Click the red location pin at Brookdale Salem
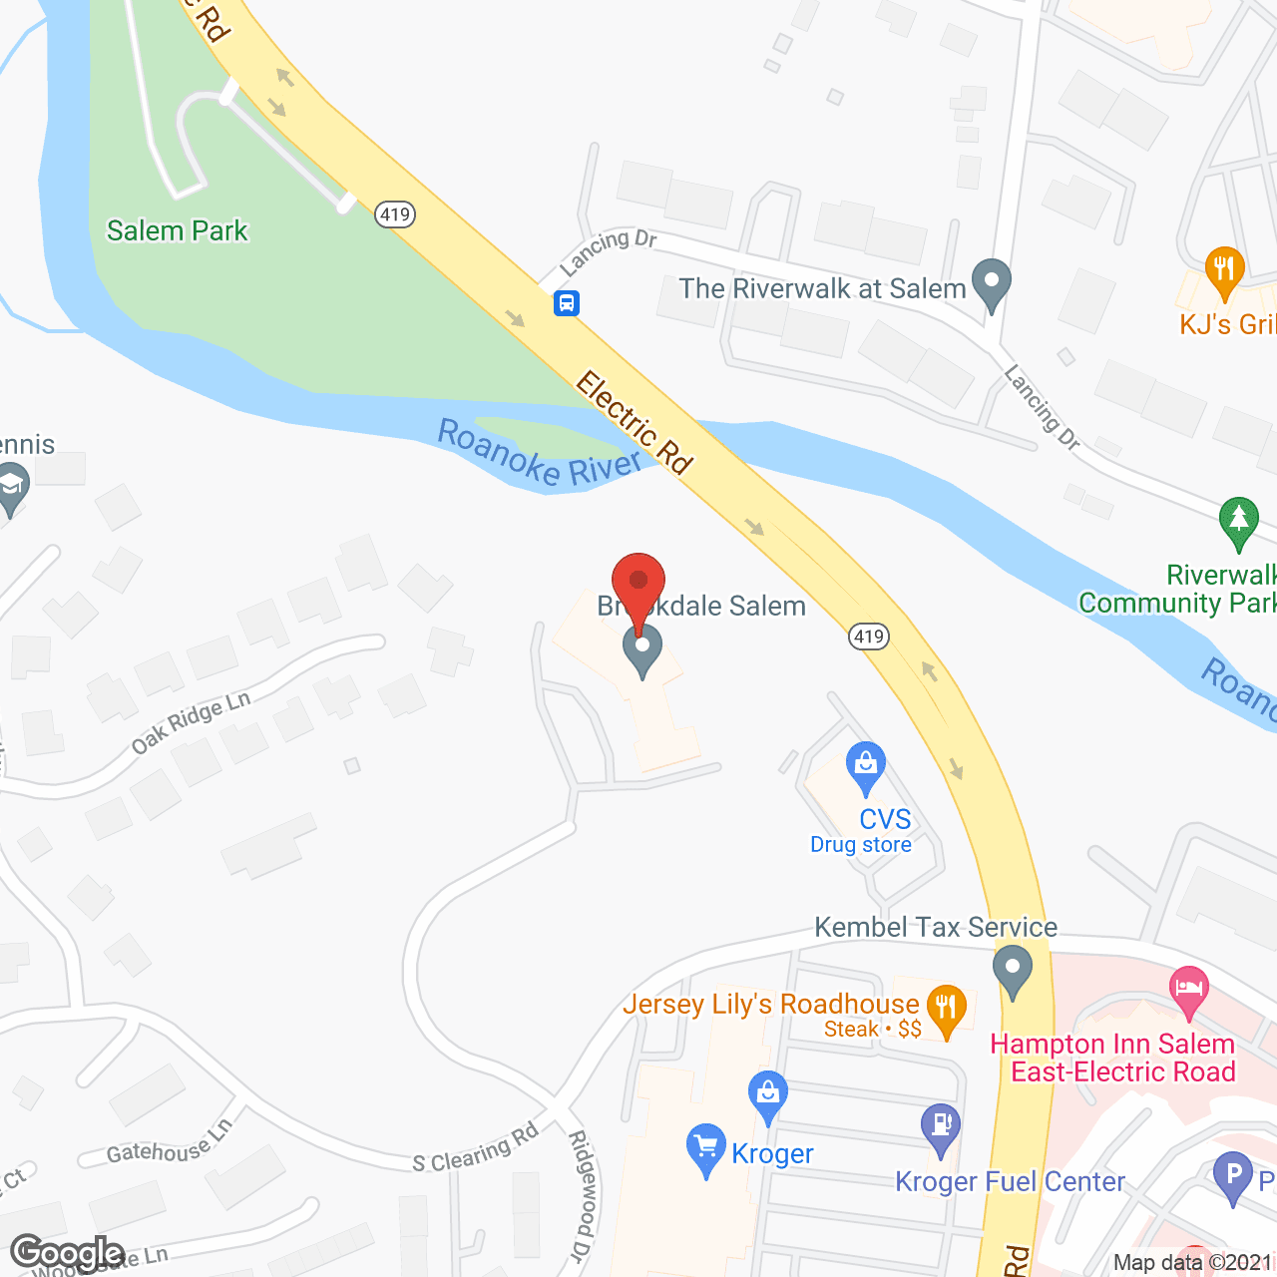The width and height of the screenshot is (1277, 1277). coord(638,584)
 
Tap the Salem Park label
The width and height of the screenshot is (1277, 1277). coord(177,230)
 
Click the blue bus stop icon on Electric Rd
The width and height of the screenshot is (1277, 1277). coord(567,302)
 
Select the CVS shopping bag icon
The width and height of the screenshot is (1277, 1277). coord(865,766)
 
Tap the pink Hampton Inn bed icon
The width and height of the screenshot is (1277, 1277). coord(1188,990)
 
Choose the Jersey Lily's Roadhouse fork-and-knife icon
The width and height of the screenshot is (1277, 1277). coord(946,1008)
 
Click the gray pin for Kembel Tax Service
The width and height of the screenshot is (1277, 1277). coord(1013,969)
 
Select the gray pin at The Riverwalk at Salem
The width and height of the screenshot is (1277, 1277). coord(992,282)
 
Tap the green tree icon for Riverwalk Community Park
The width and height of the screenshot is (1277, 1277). coord(1239,521)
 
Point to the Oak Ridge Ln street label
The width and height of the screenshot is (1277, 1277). coord(191,722)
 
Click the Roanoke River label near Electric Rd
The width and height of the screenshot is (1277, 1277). coord(539,454)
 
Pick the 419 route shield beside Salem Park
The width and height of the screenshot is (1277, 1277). coord(395,214)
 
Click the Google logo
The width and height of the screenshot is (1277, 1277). coord(68,1253)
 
